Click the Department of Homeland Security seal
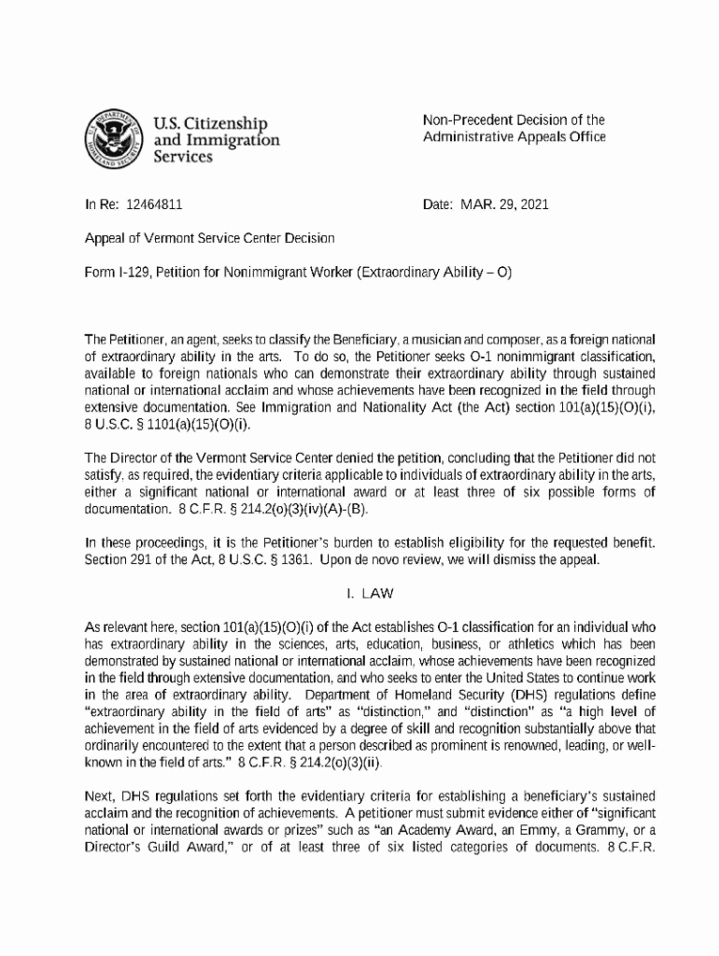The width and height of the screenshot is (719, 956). coord(111,138)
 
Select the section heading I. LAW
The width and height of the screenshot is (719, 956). coord(359,594)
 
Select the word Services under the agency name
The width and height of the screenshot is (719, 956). coord(183,157)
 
